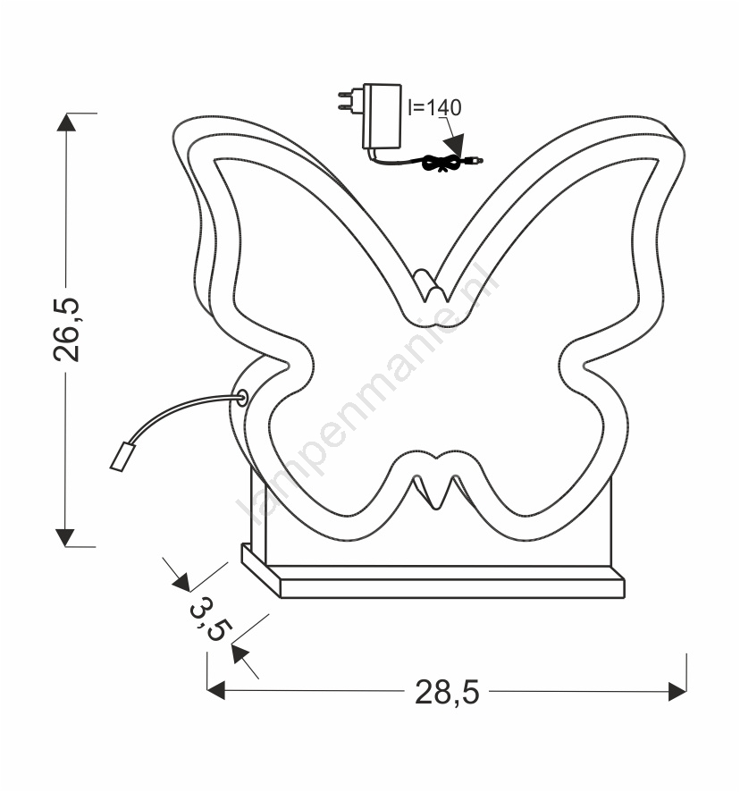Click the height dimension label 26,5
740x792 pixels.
point(66,330)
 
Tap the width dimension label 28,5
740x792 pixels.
point(447,692)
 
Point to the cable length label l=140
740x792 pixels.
point(435,107)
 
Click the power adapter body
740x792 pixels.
point(382,116)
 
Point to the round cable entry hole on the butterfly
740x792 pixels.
point(242,398)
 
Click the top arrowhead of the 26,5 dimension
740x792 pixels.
point(66,122)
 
